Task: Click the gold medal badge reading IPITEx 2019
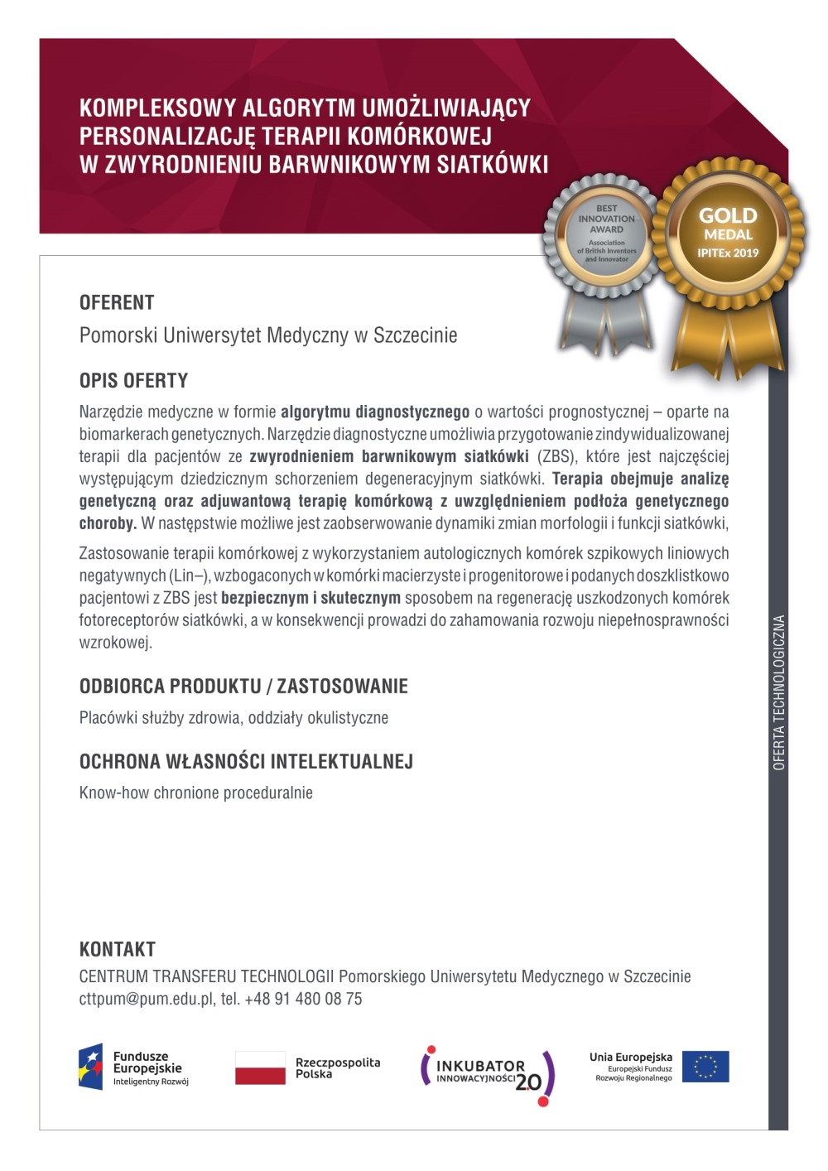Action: [728, 234]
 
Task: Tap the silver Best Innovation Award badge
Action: [606, 234]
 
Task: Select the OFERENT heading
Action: [117, 302]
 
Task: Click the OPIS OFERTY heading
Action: [133, 381]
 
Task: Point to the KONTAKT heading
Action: [117, 949]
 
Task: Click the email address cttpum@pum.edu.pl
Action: [147, 999]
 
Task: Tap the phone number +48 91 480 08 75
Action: [303, 999]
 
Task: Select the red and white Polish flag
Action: [260, 1067]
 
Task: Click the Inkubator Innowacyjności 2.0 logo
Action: [488, 1073]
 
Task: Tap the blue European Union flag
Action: [705, 1067]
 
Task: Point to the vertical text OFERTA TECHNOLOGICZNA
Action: [778, 692]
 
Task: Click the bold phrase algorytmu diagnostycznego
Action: [375, 412]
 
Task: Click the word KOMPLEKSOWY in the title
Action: [157, 108]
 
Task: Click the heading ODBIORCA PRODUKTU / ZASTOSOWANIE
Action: [243, 687]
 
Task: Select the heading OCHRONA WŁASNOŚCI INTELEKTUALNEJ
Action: [246, 762]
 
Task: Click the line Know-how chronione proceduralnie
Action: [196, 793]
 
